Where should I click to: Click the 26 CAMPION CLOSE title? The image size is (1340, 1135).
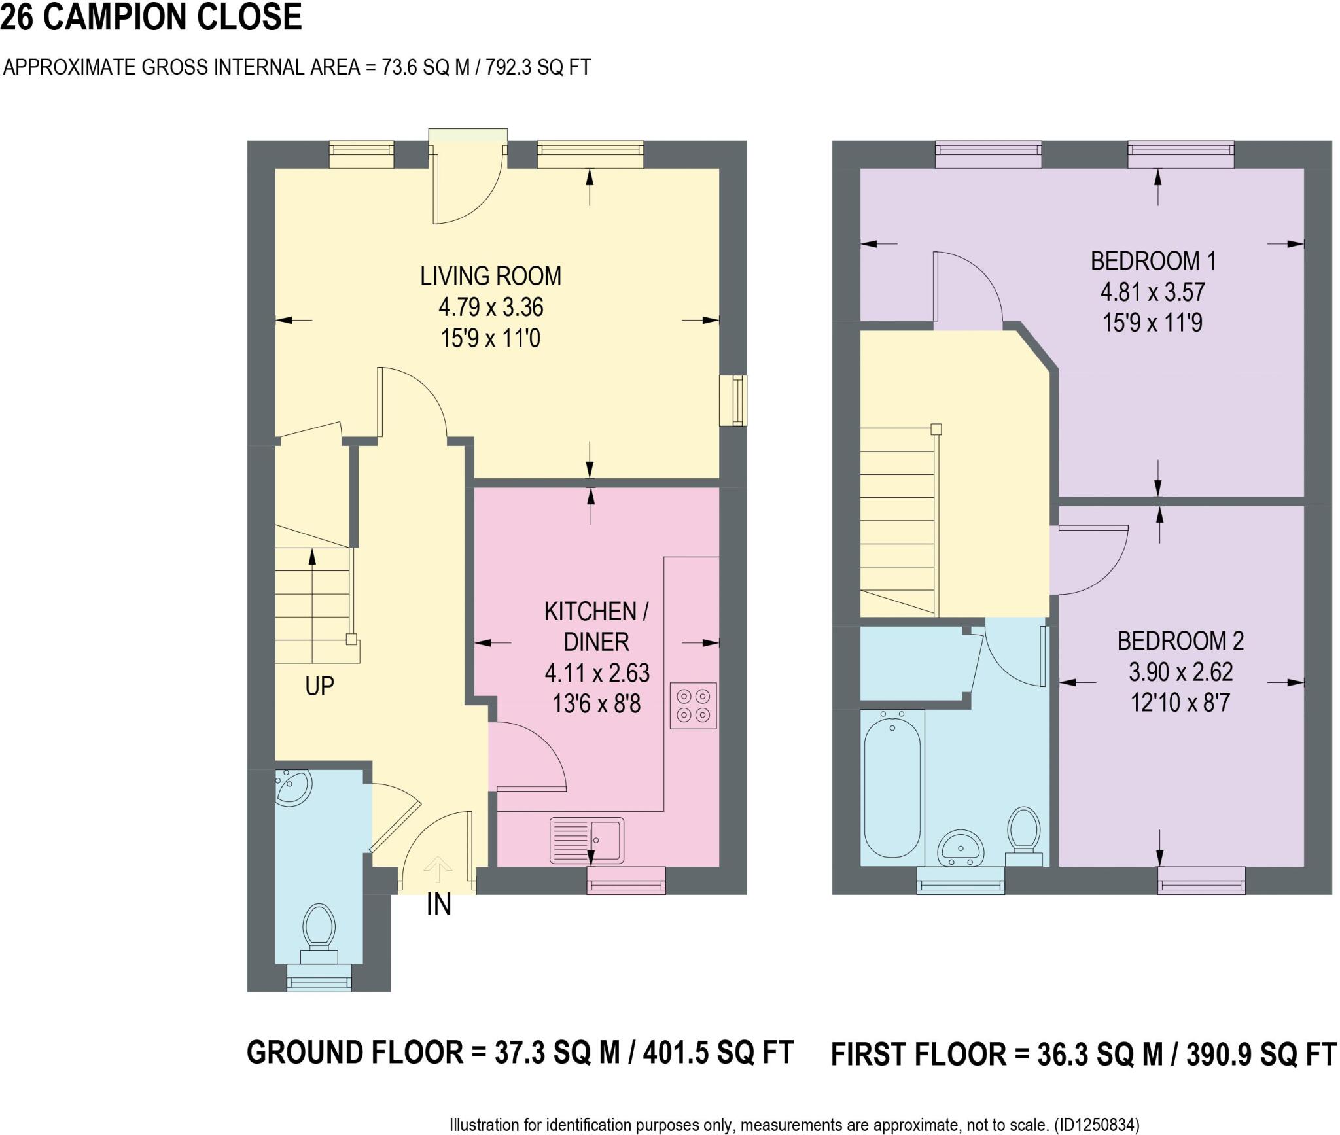coord(151,17)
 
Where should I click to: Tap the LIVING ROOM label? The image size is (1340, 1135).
coord(490,276)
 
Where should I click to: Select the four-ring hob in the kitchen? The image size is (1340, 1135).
coord(693,706)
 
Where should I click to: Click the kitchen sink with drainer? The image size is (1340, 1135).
coord(587,840)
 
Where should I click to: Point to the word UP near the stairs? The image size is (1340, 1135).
coord(319,686)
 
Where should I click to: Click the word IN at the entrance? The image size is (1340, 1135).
coord(438,905)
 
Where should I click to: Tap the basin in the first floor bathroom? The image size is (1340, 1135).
coord(961,849)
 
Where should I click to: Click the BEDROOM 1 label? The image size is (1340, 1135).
coord(1153,261)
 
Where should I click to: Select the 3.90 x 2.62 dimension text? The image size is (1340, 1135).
coord(1180,672)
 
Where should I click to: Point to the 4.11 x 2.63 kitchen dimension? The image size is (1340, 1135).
coord(597,672)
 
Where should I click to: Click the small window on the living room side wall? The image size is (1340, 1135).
coord(733,400)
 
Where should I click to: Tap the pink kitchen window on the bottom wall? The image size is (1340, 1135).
coord(626,881)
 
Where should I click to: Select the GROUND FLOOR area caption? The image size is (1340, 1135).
coord(520,1053)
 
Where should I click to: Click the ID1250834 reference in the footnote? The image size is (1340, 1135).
coord(1097,1125)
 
